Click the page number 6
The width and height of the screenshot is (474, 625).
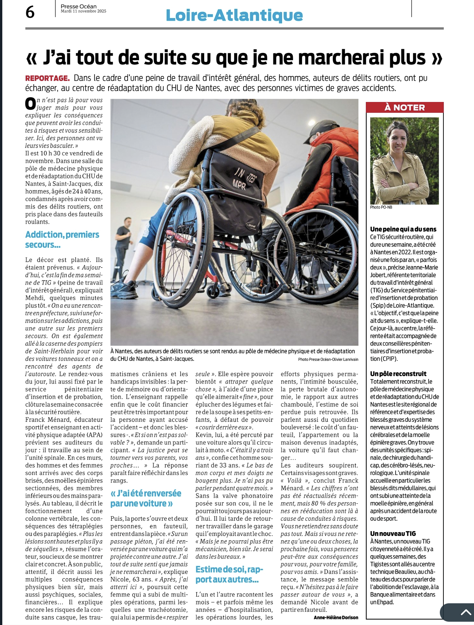30,12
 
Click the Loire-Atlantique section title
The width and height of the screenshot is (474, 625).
234,15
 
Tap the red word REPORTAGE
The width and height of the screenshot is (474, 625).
47,78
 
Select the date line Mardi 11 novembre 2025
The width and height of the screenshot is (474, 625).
83,11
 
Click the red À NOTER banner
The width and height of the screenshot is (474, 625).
405,107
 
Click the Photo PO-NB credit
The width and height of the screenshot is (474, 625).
381,207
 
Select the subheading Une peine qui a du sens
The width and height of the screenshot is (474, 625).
403,229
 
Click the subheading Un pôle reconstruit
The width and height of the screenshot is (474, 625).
398,374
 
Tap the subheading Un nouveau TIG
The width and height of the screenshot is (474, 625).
393,534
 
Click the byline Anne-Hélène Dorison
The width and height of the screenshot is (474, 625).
336,617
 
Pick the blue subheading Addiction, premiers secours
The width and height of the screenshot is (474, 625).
62,239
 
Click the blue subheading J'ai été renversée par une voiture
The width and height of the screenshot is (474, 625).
146,498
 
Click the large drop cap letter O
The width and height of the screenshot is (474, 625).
30,104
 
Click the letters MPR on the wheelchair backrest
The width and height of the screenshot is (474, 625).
239,186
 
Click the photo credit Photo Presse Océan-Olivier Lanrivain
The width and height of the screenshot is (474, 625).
328,360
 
